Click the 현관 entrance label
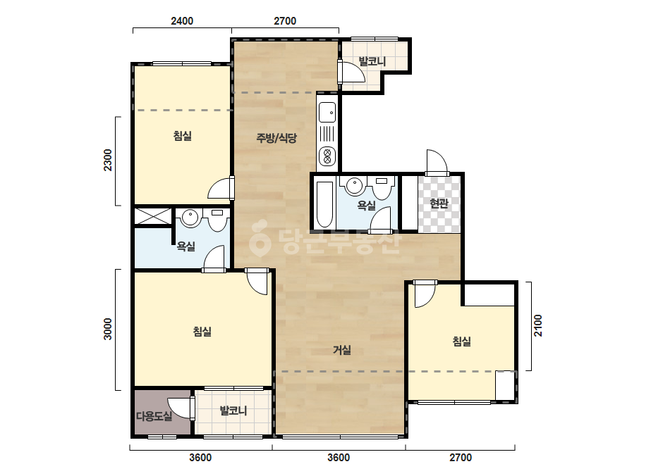pos(439,203)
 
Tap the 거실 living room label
pos(342,350)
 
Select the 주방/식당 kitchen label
pos(276,137)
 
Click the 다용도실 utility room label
pos(154,416)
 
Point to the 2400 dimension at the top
pos(182,20)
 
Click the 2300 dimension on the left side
pos(107,160)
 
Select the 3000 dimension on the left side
pos(107,329)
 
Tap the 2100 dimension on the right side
pos(538,325)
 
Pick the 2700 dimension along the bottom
pos(461,458)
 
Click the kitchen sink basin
pos(327,112)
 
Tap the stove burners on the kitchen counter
pos(327,156)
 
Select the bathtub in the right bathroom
pos(324,204)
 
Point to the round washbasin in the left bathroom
pos(190,218)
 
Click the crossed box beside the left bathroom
pos(153,216)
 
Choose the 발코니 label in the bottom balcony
pos(233,411)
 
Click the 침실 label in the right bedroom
pos(462,342)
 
